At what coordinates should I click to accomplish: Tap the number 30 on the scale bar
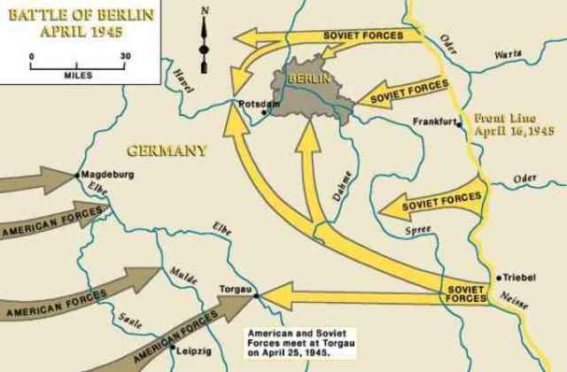pos(125,56)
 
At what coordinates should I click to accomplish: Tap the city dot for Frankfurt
pos(459,125)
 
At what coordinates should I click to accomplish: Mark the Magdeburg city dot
pos(78,174)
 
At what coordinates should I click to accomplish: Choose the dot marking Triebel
pos(501,275)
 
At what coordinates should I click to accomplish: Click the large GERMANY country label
pos(167,150)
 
